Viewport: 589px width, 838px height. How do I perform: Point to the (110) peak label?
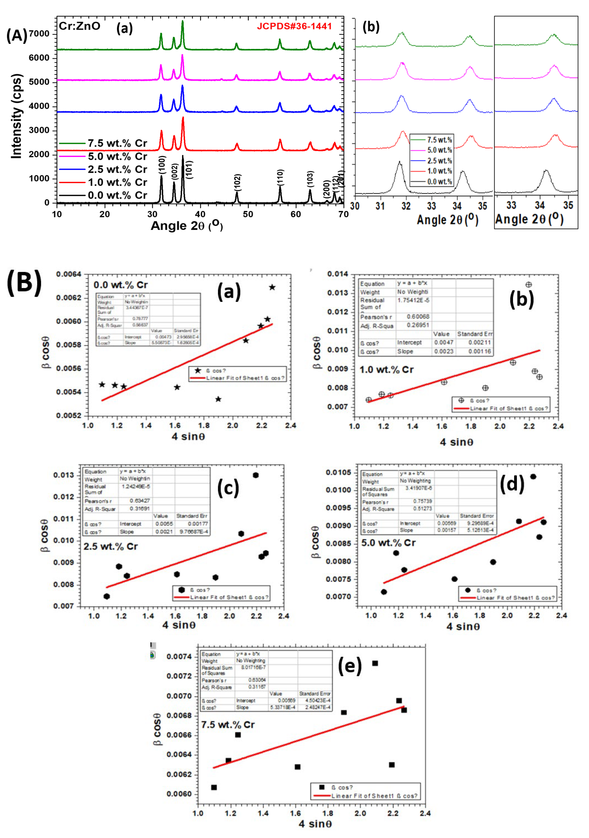(x=280, y=178)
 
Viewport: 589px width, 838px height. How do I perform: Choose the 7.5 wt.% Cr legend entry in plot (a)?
(x=117, y=144)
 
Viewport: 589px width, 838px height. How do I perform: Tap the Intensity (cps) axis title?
(x=16, y=116)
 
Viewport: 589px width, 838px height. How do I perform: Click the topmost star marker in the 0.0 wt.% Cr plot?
(x=272, y=287)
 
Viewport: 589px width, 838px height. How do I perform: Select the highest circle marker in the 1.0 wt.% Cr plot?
(x=528, y=284)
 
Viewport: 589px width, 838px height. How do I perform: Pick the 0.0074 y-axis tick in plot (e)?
(x=179, y=656)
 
